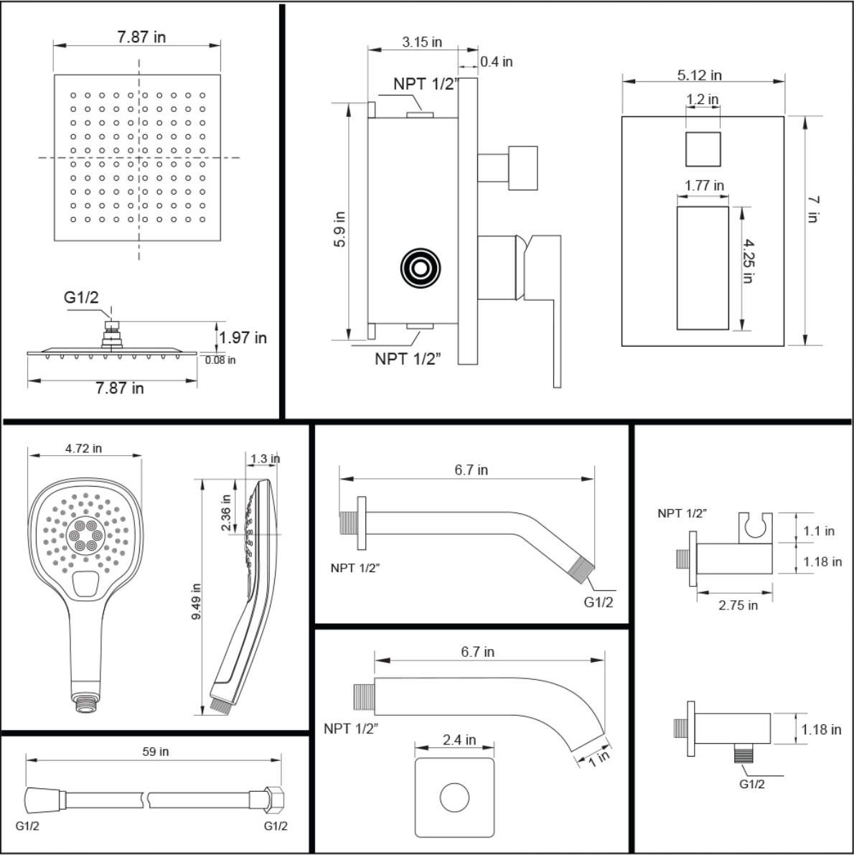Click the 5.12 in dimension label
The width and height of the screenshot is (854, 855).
699,75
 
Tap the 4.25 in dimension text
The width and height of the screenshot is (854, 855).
749,261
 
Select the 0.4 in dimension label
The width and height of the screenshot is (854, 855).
496,62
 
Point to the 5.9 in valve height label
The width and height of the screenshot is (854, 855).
339,230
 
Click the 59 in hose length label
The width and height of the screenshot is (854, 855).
155,752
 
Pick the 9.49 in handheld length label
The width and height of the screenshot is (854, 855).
196,602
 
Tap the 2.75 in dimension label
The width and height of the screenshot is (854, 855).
738,605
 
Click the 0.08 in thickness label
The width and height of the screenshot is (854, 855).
220,360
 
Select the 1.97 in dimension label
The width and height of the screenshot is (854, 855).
243,337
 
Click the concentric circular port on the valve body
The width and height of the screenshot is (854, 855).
421,268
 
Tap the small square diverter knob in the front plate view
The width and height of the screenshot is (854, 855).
703,149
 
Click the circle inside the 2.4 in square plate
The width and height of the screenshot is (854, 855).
454,797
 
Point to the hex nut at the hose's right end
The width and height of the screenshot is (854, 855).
274,800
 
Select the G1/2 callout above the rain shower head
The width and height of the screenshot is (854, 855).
81,297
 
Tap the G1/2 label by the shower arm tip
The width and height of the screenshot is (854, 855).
599,602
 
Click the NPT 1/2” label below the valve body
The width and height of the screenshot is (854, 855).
407,359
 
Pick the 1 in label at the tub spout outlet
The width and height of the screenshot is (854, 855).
599,758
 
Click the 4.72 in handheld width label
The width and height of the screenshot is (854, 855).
83,448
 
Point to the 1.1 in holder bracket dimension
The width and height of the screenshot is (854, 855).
819,531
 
